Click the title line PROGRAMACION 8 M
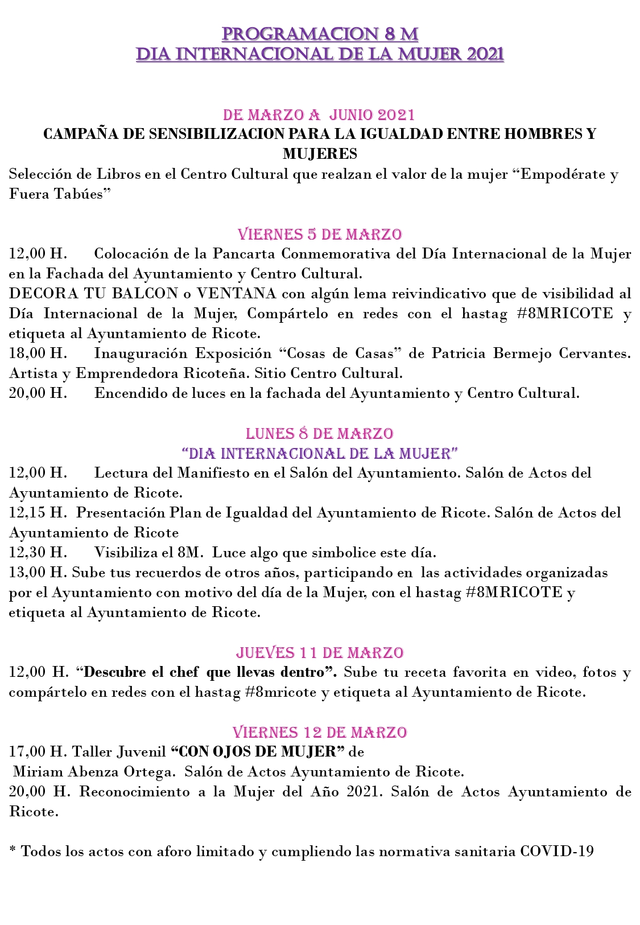coord(320,34)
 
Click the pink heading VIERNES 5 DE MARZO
coord(320,234)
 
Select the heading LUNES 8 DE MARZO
coord(320,433)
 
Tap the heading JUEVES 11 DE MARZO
coord(320,652)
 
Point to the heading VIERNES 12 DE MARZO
coord(320,732)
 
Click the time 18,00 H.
coord(38,353)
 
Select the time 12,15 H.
coord(38,513)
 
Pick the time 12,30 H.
coord(38,553)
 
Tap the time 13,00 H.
coord(38,573)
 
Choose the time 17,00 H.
coord(38,752)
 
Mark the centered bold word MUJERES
coord(320,154)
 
